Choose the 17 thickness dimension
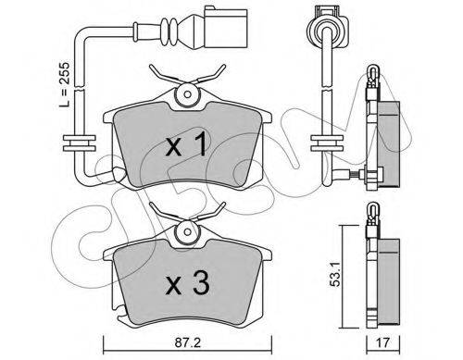pyautogui.click(x=393, y=340)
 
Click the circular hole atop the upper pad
pyautogui.click(x=186, y=93)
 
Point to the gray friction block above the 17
pyautogui.click(x=390, y=278)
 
